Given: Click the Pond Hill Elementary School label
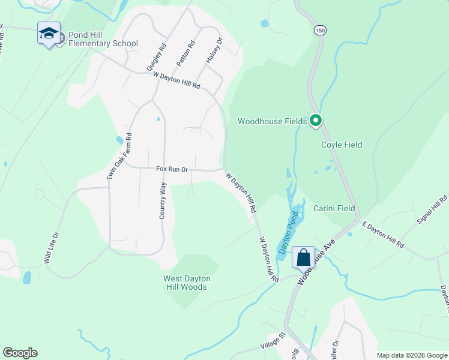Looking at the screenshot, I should click(x=103, y=39).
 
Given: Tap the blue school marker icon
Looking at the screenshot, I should click(x=49, y=33).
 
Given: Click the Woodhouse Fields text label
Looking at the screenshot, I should click(x=272, y=121).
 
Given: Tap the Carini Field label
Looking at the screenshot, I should click(x=334, y=208).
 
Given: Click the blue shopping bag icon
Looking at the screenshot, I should click(x=304, y=258).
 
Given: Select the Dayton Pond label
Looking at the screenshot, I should click(x=287, y=232).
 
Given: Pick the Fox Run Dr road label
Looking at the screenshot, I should click(x=172, y=170).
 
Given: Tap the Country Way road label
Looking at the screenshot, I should click(x=163, y=201).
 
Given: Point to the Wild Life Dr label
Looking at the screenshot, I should click(x=52, y=248).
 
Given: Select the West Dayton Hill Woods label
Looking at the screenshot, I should click(x=185, y=283).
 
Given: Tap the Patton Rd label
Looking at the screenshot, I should click(x=186, y=53).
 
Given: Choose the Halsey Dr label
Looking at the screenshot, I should click(x=214, y=50).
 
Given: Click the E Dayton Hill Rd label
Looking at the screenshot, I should click(x=383, y=235).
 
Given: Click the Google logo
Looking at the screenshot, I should click(x=20, y=353).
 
